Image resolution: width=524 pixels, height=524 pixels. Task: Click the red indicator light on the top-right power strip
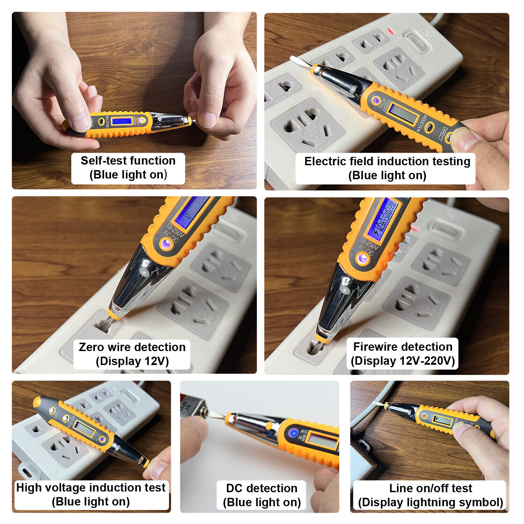point(391,32)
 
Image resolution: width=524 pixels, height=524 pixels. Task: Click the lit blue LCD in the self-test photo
point(122,121)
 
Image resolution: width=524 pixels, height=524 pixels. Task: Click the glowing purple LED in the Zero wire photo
point(166,243)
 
